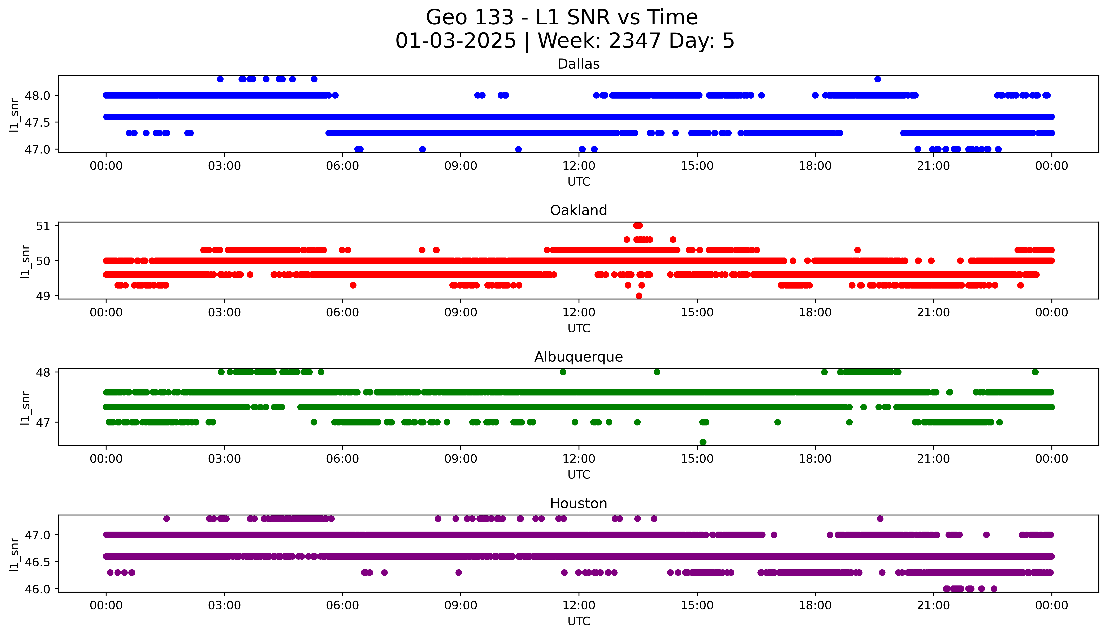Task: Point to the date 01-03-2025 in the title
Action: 455,41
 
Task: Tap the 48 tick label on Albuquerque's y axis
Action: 44,372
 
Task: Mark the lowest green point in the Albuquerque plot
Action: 703,442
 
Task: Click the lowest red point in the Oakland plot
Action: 639,296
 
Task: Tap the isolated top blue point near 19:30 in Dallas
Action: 877,79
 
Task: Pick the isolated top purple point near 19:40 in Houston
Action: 880,519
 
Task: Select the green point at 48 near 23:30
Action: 1035,372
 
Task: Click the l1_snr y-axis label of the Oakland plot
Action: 25,261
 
